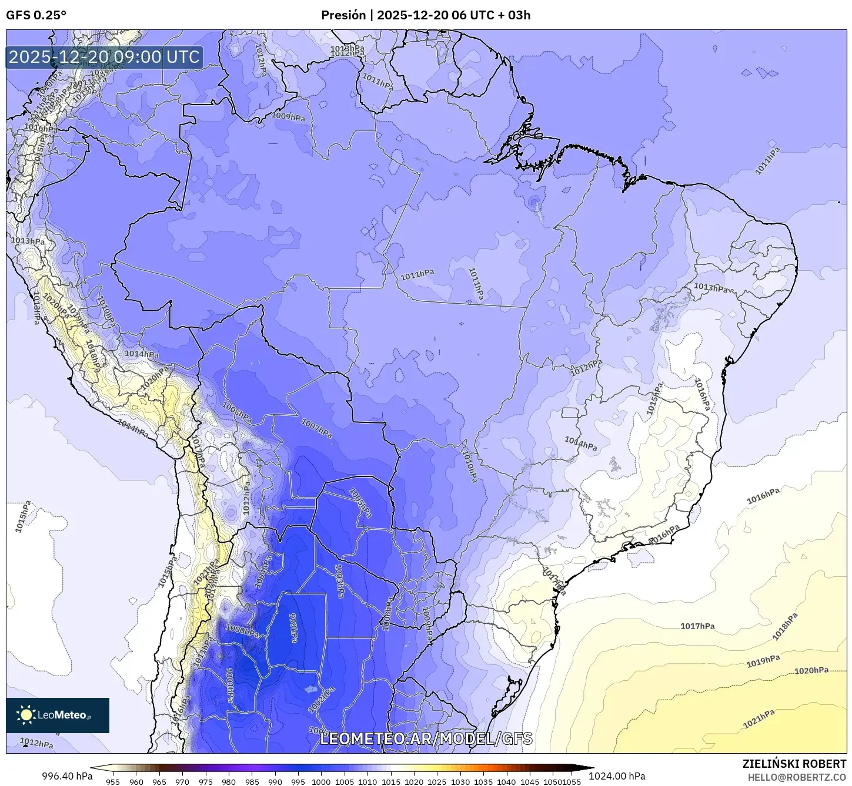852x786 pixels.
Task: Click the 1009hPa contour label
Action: tap(288, 117)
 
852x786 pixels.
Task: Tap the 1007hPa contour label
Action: tap(316, 428)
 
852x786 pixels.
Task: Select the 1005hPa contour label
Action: tap(360, 503)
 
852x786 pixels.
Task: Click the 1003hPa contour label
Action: tap(339, 581)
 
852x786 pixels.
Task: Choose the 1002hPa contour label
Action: tap(322, 698)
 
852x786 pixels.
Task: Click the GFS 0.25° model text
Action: tap(36, 15)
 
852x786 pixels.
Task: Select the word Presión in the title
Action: tap(343, 15)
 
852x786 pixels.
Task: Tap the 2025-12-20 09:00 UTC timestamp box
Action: tap(104, 57)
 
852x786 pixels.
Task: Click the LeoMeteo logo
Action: tap(58, 715)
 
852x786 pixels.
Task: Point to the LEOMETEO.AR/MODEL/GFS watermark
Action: tap(426, 738)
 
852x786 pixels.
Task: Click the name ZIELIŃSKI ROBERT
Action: tap(794, 764)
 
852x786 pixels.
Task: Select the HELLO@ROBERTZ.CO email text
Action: tap(797, 777)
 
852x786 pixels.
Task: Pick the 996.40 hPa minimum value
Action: tap(67, 776)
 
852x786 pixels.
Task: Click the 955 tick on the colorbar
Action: tap(113, 781)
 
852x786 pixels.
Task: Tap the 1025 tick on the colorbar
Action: tap(437, 781)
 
